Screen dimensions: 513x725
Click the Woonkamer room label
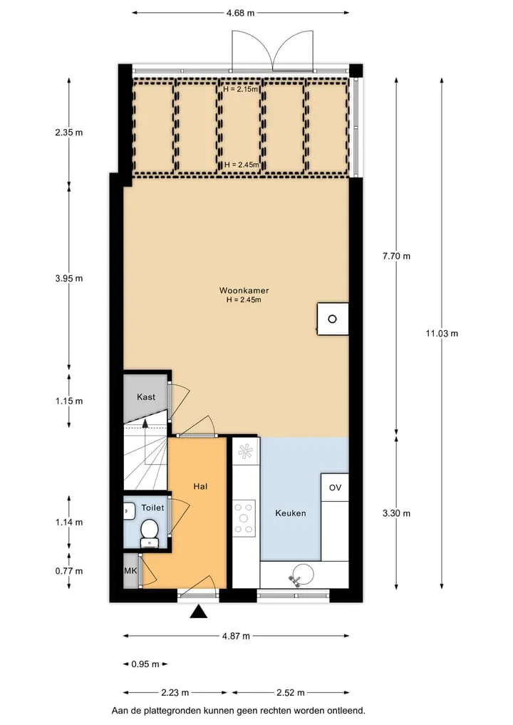coord(244,290)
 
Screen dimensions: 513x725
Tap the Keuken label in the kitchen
coord(290,513)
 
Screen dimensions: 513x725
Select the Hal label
coord(200,486)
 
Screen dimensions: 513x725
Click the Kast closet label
coord(146,396)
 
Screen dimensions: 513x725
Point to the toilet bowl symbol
coord(149,533)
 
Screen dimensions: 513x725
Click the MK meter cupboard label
coord(130,570)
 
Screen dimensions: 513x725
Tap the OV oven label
coord(335,488)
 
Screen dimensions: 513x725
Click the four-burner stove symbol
coord(244,518)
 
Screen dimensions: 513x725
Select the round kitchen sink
coord(301,575)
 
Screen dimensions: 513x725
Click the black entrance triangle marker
coord(199,612)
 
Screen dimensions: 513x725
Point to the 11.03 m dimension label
coord(442,334)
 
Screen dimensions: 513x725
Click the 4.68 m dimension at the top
coord(240,13)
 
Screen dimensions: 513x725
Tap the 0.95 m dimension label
coord(145,664)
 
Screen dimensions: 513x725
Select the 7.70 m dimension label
coord(396,256)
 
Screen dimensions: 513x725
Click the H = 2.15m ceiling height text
coord(240,89)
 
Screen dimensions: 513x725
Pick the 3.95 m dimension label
coord(69,278)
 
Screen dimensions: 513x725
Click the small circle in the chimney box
coord(332,319)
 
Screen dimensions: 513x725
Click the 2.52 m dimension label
coord(290,693)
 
